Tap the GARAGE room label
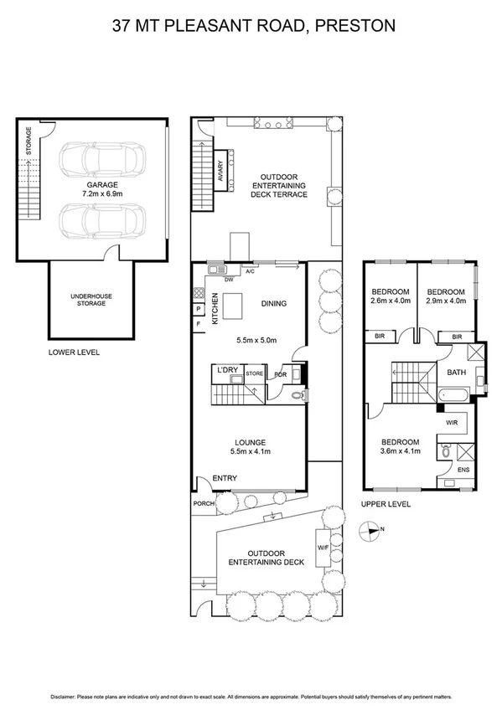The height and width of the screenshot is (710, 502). click(100, 184)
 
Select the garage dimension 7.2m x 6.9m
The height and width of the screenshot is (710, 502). click(100, 193)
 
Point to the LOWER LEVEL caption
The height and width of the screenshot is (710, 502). click(74, 352)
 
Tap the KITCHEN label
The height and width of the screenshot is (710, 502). click(215, 308)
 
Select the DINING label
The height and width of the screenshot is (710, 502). click(273, 304)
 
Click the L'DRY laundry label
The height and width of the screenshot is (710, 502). click(228, 370)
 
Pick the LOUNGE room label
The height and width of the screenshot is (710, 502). click(250, 442)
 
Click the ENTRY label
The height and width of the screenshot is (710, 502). click(224, 478)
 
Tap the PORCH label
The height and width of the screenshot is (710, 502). click(204, 503)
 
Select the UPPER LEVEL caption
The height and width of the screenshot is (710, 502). click(386, 504)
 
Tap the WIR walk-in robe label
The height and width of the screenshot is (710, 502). click(450, 423)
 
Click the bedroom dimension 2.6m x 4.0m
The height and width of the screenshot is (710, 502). click(390, 301)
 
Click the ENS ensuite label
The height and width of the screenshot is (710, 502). click(463, 470)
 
